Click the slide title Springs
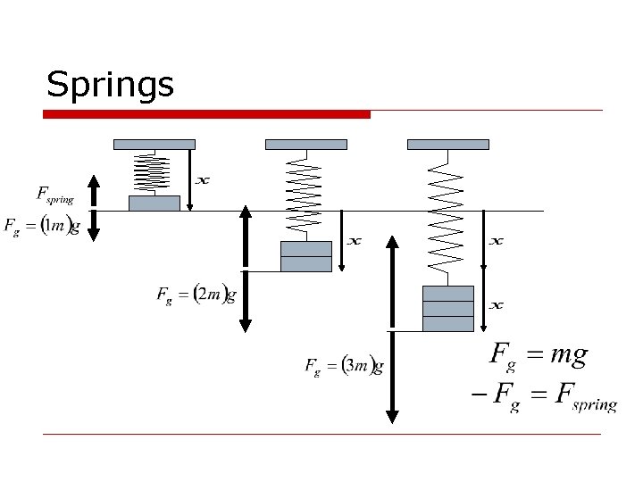[x=110, y=85]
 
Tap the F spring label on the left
[x=54, y=194]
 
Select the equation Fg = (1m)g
[x=42, y=226]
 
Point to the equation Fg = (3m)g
[x=344, y=365]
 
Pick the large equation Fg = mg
[x=539, y=355]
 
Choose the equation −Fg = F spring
[x=544, y=397]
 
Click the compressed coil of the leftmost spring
[x=154, y=171]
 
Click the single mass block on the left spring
[x=154, y=204]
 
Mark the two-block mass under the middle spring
[x=305, y=256]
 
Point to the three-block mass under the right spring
[x=447, y=308]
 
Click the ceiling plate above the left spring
[x=154, y=144]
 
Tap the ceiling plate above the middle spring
[x=306, y=144]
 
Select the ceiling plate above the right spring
[x=447, y=144]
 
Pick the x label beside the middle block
[x=354, y=241]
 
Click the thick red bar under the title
[x=207, y=114]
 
